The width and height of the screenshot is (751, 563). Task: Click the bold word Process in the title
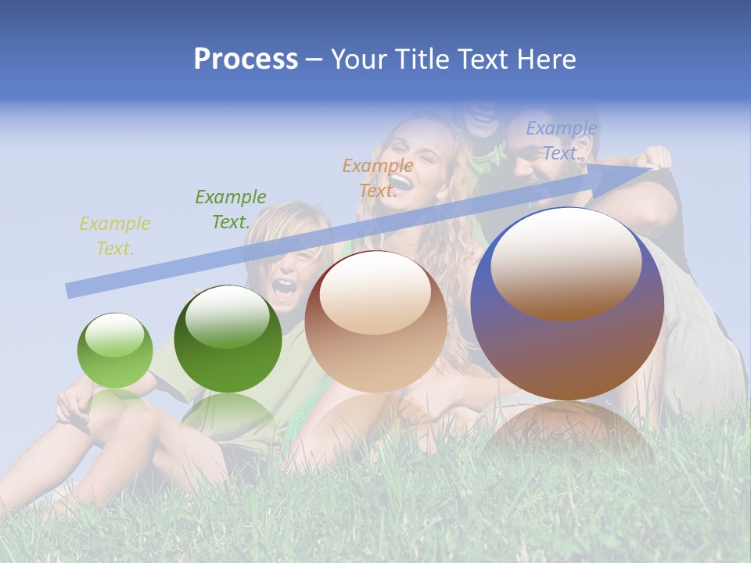click(246, 59)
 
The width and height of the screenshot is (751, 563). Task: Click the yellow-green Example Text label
click(115, 236)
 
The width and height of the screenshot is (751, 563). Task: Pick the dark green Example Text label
click(231, 210)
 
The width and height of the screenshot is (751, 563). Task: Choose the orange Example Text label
click(378, 178)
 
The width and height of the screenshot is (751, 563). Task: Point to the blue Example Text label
click(562, 141)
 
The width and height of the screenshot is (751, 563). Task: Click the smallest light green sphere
click(115, 350)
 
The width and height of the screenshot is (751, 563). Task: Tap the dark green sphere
click(228, 339)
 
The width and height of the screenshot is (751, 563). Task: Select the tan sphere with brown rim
click(375, 321)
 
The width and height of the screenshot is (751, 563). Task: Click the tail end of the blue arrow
click(69, 291)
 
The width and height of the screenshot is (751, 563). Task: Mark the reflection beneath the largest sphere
click(567, 430)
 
